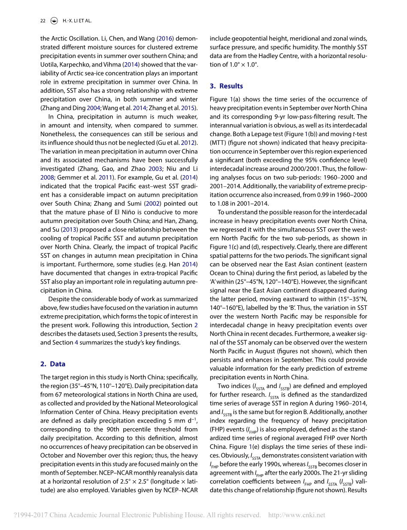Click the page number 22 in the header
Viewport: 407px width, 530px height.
[43, 21]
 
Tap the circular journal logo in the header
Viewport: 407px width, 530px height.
[55, 21]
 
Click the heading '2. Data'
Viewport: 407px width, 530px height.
[53, 363]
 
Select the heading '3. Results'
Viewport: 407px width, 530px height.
[226, 86]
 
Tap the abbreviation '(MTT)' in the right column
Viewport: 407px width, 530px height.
[218, 143]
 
